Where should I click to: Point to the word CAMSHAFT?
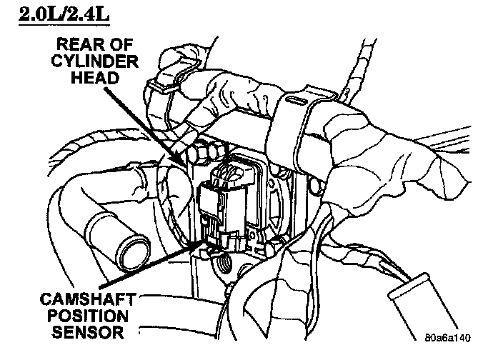(x=79, y=298)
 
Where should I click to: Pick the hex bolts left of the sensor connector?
(x=201, y=151)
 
